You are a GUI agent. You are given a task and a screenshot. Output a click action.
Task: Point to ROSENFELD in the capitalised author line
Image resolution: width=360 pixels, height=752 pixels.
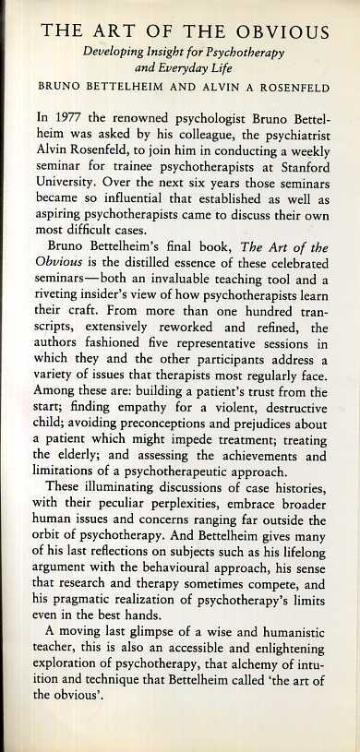[289, 92]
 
